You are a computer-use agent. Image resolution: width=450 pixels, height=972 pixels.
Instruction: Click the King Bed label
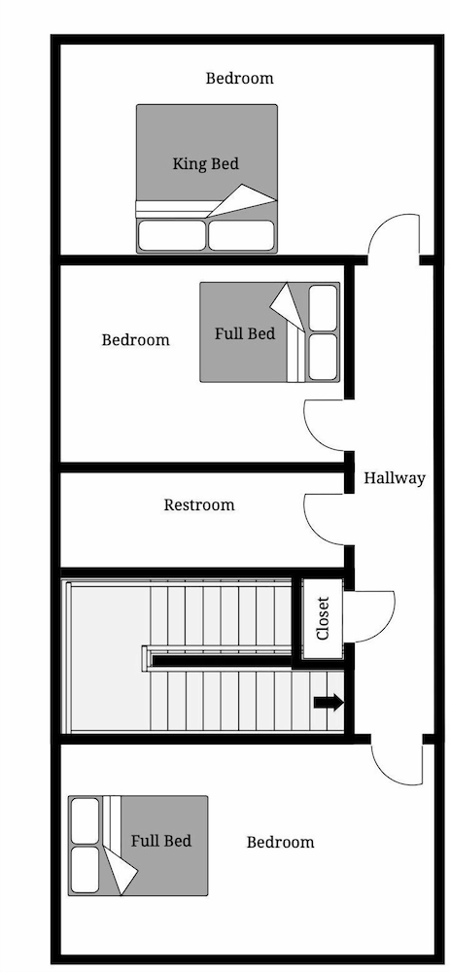click(x=205, y=164)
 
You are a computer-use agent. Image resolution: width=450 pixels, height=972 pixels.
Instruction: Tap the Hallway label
click(x=395, y=478)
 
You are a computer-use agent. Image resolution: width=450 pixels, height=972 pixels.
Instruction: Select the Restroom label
click(x=199, y=505)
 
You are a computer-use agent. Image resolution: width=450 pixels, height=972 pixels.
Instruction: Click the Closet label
click(x=323, y=618)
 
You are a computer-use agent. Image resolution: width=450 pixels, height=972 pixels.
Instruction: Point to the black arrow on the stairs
click(x=329, y=703)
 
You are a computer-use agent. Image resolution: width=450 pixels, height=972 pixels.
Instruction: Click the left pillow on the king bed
click(x=171, y=235)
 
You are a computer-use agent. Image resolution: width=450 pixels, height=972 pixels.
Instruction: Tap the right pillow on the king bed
click(x=241, y=235)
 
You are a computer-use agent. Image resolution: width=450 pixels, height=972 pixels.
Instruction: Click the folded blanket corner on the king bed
click(x=242, y=199)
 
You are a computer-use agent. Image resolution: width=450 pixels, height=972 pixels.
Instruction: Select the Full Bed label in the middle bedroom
click(x=245, y=333)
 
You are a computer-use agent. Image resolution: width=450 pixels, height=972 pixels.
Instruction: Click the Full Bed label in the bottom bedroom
click(x=161, y=841)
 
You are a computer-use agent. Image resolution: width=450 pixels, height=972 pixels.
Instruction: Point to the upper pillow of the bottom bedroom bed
click(x=85, y=820)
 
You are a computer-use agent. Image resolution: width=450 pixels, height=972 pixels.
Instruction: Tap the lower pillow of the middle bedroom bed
click(x=323, y=357)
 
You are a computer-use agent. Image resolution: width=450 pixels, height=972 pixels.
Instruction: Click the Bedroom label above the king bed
click(x=239, y=78)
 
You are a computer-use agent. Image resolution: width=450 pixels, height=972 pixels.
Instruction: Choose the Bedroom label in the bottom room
click(x=280, y=842)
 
